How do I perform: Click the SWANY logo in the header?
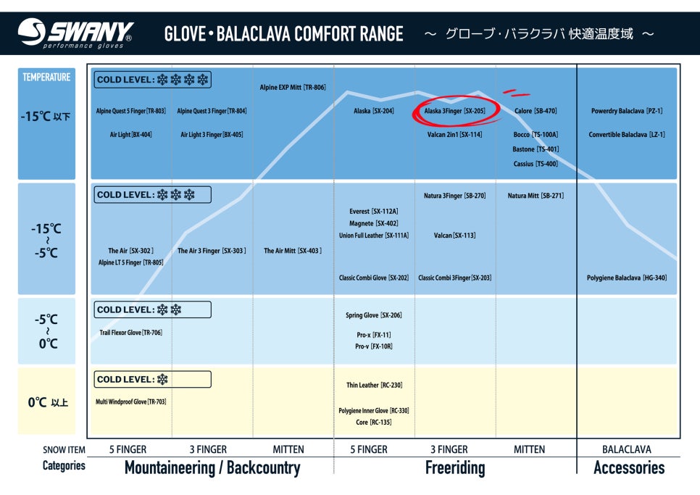pyautogui.click(x=75, y=33)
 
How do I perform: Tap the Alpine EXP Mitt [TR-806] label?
pyautogui.click(x=293, y=88)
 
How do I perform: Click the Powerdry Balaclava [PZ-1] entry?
pyautogui.click(x=627, y=111)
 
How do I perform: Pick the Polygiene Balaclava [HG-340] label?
pyautogui.click(x=627, y=278)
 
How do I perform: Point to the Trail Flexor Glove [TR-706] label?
pyautogui.click(x=131, y=333)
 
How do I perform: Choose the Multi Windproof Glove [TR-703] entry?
pyautogui.click(x=131, y=402)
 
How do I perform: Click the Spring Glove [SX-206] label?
pyautogui.click(x=374, y=315)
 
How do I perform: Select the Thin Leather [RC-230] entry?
pyautogui.click(x=374, y=385)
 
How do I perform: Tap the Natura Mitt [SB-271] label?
pyautogui.click(x=536, y=196)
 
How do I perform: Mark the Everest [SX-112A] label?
pyautogui.click(x=374, y=212)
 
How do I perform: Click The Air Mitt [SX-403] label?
pyautogui.click(x=293, y=251)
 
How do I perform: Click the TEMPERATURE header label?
pyautogui.click(x=46, y=78)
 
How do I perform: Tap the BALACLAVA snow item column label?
pyautogui.click(x=627, y=449)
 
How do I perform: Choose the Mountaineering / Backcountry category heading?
pyautogui.click(x=212, y=467)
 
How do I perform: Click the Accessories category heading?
pyautogui.click(x=628, y=467)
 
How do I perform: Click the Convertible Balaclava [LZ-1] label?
pyautogui.click(x=627, y=135)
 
